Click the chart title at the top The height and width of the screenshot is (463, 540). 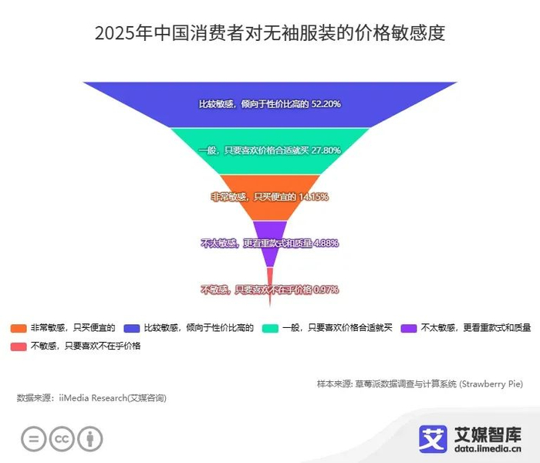(269, 34)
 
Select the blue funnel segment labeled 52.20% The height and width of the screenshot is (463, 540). (269, 103)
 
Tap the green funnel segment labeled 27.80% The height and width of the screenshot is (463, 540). (269, 150)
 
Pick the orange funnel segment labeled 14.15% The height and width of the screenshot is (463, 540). (269, 196)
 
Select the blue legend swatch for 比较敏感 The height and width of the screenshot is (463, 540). (132, 328)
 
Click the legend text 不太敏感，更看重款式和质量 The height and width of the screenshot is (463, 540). (476, 328)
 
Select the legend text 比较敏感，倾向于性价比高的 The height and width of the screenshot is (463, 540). (199, 328)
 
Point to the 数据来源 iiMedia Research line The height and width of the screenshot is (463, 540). (91, 398)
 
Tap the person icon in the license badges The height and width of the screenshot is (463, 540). (90, 438)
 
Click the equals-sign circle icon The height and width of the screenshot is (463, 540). (34, 438)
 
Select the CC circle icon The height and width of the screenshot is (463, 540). (62, 438)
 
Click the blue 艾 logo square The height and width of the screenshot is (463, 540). (433, 438)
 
